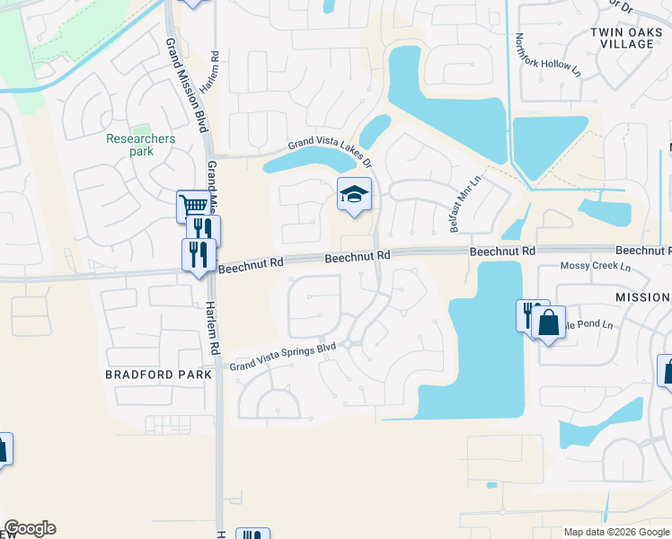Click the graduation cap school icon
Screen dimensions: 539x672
coord(354,193)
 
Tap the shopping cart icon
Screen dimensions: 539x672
coord(193,206)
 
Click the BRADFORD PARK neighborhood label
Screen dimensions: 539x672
coord(158,374)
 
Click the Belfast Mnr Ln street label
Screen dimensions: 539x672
coord(466,204)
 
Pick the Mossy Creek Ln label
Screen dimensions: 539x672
coord(595,267)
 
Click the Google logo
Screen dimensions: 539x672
coord(30,528)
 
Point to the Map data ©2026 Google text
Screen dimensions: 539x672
coord(616,532)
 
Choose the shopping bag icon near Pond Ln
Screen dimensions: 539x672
coord(548,323)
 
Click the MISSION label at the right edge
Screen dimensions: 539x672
coord(641,297)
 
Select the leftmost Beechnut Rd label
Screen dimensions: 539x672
coord(251,266)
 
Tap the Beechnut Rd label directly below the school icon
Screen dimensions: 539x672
coord(358,257)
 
